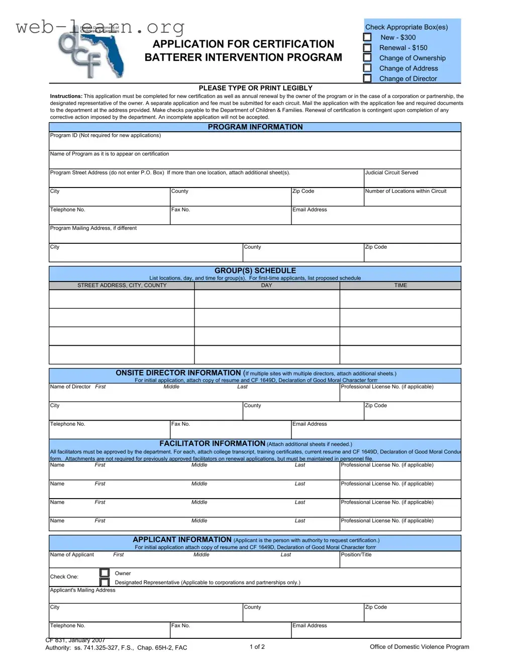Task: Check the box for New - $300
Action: click(367, 37)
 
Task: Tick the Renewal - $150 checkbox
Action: click(367, 48)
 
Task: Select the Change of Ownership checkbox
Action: click(367, 58)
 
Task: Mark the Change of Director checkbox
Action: click(367, 78)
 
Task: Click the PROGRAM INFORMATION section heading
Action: click(255, 127)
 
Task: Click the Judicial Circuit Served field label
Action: click(391, 172)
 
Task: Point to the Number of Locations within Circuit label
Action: click(405, 191)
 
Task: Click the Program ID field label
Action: click(105, 135)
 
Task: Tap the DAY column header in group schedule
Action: click(266, 285)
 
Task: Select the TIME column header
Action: click(400, 285)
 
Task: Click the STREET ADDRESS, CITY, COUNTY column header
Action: click(122, 285)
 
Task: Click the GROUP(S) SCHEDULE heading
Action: click(255, 270)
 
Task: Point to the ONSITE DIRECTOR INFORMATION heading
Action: click(178, 373)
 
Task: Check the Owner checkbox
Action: click(105, 573)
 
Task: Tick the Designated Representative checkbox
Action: click(105, 582)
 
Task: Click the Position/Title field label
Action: click(356, 555)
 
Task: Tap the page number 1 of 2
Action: click(257, 647)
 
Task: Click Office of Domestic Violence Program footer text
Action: click(419, 647)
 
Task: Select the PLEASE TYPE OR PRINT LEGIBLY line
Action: click(255, 88)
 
